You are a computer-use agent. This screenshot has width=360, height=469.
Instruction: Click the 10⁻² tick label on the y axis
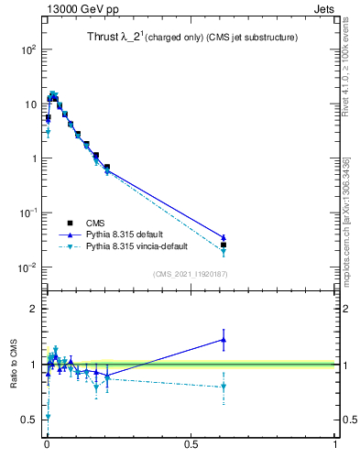tap(25, 267)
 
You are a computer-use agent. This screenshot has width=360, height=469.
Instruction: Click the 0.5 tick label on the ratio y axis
tap(28, 420)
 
